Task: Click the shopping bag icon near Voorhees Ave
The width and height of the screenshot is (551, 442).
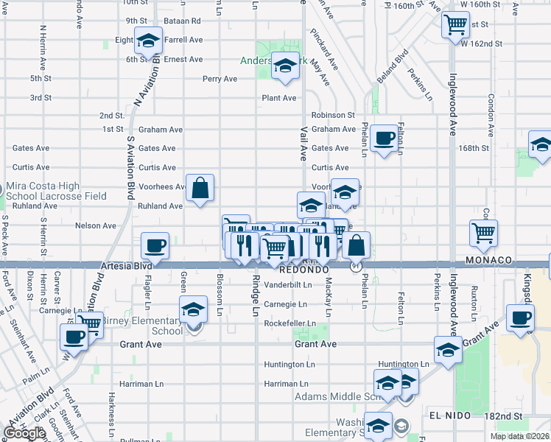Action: click(200, 189)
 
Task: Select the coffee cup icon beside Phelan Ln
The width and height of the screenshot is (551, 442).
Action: click(383, 138)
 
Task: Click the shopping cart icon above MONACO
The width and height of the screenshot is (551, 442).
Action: click(484, 234)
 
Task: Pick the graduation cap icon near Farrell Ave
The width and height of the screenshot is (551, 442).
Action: click(149, 42)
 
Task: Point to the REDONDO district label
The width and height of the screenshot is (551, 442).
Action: click(303, 270)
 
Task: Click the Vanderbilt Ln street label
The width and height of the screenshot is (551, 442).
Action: click(289, 284)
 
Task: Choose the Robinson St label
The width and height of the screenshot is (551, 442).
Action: click(333, 116)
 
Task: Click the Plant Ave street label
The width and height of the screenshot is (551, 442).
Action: click(279, 98)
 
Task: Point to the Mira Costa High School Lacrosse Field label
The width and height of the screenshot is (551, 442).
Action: click(56, 192)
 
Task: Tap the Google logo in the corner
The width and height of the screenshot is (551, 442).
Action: click(25, 433)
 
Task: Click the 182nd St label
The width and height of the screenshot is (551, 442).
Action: click(502, 416)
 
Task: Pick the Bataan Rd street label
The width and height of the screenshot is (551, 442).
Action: click(185, 21)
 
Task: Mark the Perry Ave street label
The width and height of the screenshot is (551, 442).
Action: click(220, 79)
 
